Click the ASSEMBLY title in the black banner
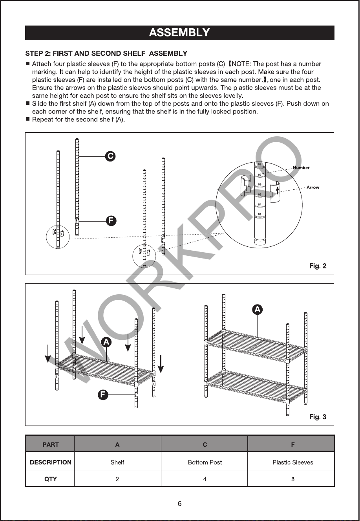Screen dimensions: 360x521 click(179, 33)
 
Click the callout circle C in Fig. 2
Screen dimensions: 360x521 click(110, 156)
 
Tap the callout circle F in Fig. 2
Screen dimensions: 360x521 click(111, 221)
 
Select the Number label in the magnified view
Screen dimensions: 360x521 click(301, 168)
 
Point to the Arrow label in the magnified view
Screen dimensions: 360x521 click(313, 187)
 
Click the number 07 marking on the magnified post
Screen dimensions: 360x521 click(259, 174)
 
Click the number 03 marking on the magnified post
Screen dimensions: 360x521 click(259, 214)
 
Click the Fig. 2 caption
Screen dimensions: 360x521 click(318, 266)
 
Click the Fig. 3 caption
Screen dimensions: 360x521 click(318, 417)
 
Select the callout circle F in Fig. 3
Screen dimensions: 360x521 click(103, 395)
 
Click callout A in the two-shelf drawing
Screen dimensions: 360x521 click(257, 310)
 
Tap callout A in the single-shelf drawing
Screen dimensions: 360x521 click(106, 342)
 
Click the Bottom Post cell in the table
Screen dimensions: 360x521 click(205, 462)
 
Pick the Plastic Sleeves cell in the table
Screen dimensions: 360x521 click(292, 462)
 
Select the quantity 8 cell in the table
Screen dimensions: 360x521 click(292, 479)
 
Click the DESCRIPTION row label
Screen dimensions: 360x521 click(50, 462)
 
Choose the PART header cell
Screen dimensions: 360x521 click(50, 445)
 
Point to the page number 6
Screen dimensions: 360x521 click(180, 504)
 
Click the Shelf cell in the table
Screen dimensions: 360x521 click(117, 462)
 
